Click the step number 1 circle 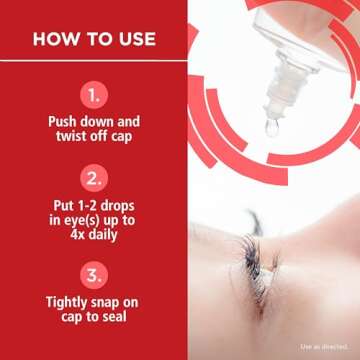point(94,95)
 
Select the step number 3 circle point(94,275)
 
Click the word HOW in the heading point(54,39)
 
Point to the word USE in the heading point(137,39)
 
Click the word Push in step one point(62,121)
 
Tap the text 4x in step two point(77,235)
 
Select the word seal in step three point(115,317)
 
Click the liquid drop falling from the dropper point(272,128)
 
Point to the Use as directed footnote point(325,347)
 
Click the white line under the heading point(93,61)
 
